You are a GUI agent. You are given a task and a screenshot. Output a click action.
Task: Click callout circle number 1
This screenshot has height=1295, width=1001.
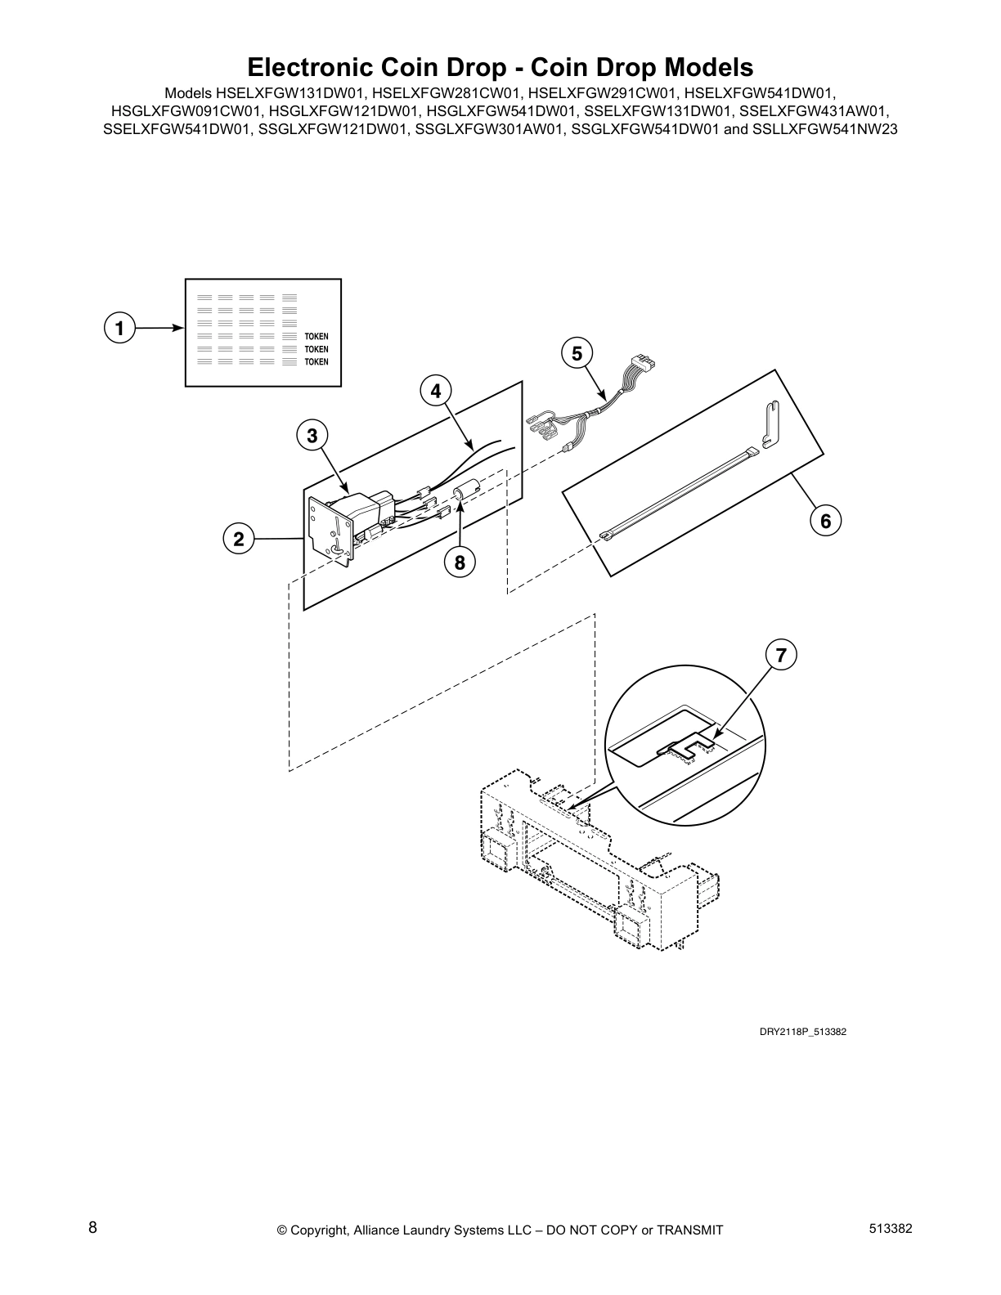(120, 329)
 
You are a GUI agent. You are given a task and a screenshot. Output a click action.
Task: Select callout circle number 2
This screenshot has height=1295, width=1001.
(239, 539)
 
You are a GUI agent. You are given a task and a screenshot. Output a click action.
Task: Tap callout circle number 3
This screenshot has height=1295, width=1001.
(312, 436)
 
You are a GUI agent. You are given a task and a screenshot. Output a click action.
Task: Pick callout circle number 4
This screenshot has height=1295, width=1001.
(436, 392)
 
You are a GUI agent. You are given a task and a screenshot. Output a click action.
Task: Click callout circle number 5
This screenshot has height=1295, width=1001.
(577, 353)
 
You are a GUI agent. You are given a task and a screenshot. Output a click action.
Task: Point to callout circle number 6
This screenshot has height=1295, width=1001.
(825, 521)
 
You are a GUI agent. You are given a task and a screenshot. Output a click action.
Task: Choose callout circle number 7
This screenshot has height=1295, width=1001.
(781, 655)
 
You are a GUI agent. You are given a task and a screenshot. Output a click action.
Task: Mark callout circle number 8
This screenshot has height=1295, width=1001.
(460, 562)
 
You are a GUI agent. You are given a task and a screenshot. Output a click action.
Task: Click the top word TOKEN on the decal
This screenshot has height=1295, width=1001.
(316, 337)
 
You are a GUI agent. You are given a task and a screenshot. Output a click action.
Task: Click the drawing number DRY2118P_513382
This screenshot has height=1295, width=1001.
(802, 1032)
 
